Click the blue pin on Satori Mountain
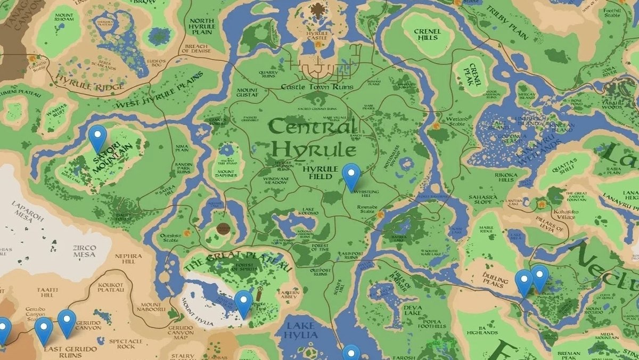click(x=97, y=138)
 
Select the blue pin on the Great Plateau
click(x=243, y=303)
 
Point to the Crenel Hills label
click(x=427, y=35)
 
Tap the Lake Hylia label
click(x=302, y=330)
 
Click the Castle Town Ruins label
click(x=317, y=86)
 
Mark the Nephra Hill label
click(x=125, y=259)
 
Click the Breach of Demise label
click(x=198, y=49)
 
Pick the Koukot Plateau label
click(x=110, y=288)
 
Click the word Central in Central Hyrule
click(x=313, y=127)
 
